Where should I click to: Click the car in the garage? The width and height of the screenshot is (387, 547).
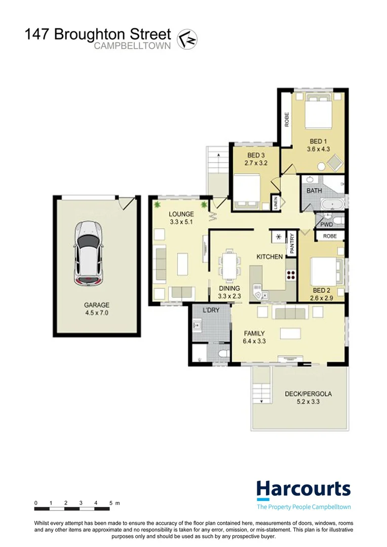tap(89, 252)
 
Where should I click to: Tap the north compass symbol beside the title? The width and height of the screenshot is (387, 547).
tap(187, 38)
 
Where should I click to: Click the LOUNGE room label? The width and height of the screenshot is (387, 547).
tap(181, 214)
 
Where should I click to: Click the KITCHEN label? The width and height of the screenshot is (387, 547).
tap(269, 257)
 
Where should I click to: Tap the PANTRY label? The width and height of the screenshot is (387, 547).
tap(291, 242)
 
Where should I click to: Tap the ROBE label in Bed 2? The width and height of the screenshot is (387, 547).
tap(329, 236)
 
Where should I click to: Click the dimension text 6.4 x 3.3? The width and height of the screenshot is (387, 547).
tap(254, 341)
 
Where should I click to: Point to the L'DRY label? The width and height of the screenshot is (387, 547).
tap(210, 310)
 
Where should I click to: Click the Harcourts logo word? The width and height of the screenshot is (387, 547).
tap(303, 489)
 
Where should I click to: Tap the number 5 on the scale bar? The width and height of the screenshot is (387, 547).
tap(110, 503)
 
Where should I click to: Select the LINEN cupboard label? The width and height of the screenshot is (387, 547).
tap(275, 202)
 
